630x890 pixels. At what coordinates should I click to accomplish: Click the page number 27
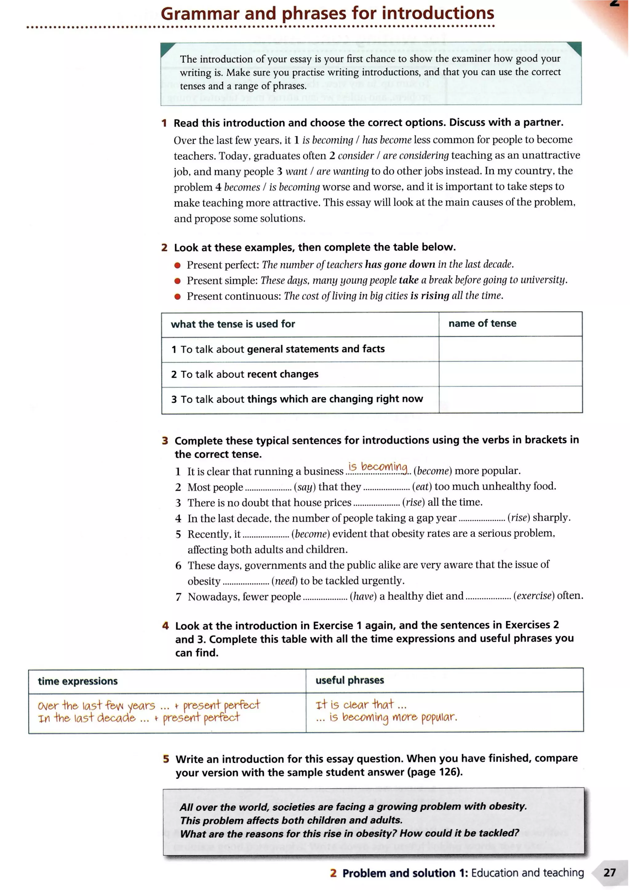[x=609, y=872]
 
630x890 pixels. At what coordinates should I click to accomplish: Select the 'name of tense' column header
[x=482, y=323]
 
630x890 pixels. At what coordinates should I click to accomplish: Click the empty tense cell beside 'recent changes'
[x=510, y=374]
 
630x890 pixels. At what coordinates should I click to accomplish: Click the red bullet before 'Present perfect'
[x=178, y=265]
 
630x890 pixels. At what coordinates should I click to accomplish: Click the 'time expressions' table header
[x=78, y=681]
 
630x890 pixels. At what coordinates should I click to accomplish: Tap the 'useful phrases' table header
[x=349, y=680]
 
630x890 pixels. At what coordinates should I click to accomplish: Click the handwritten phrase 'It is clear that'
[x=355, y=704]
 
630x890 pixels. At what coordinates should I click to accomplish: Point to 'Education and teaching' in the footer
[x=527, y=873]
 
